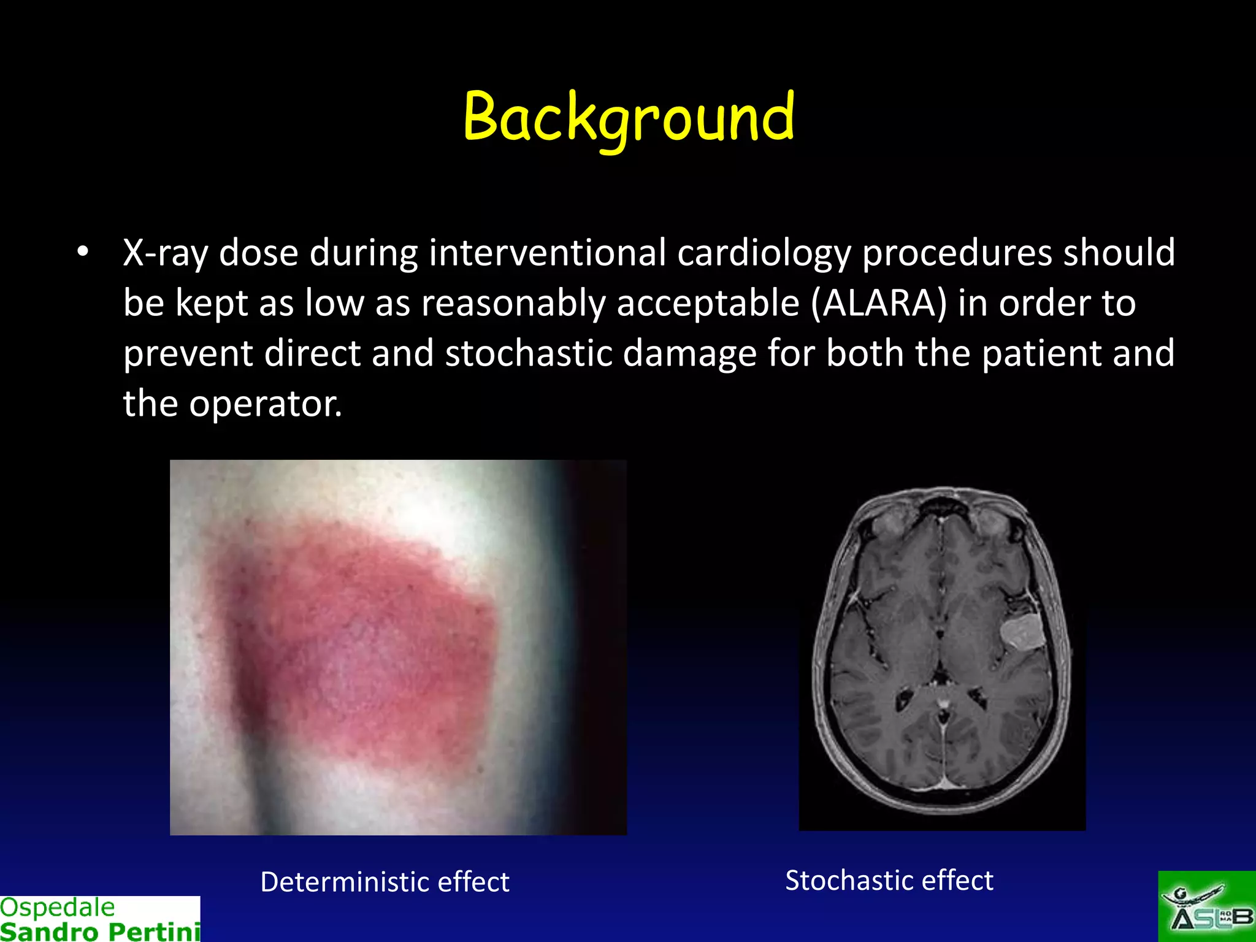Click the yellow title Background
tap(629, 117)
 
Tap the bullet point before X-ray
tap(83, 252)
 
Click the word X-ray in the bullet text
tap(166, 253)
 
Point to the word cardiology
tap(764, 253)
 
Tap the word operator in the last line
tap(265, 404)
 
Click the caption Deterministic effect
tap(385, 882)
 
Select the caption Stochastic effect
tap(889, 880)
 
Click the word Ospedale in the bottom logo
tap(57, 907)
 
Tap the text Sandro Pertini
tap(100, 931)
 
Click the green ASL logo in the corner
tap(1206, 906)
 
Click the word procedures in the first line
tap(957, 253)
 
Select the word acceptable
tap(708, 303)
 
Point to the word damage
tap(689, 353)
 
